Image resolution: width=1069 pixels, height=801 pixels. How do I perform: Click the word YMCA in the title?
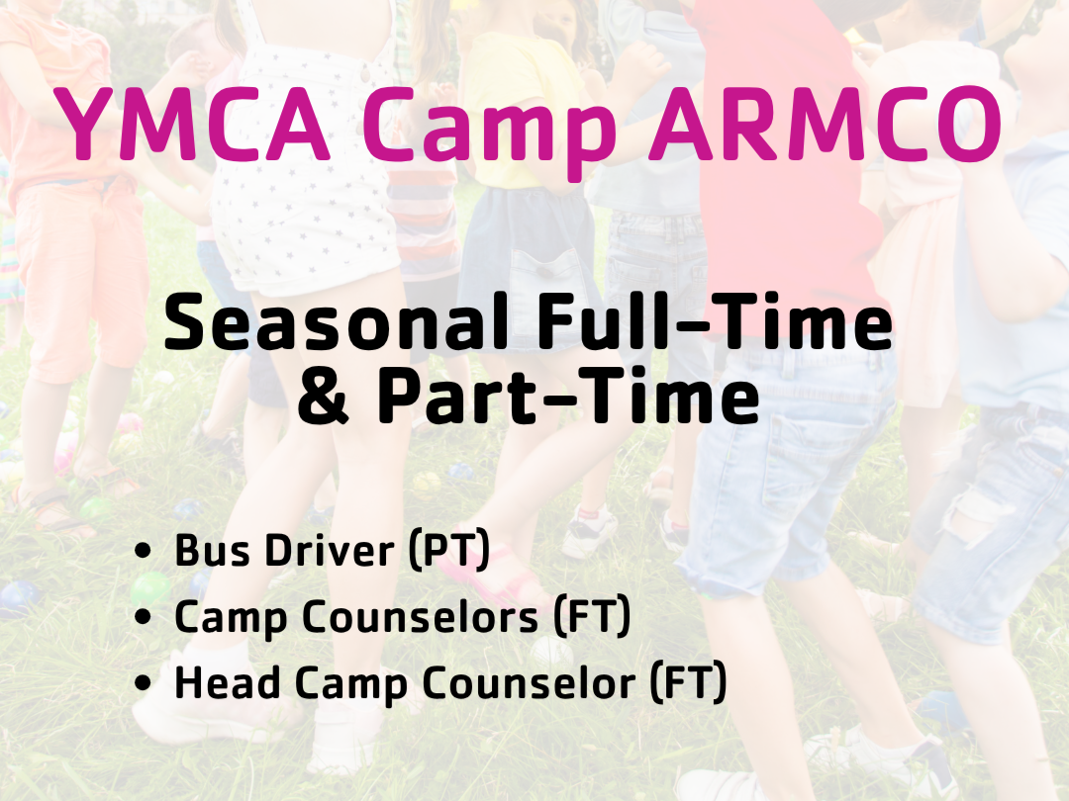tap(194, 125)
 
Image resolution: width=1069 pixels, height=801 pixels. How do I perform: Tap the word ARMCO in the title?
tap(826, 125)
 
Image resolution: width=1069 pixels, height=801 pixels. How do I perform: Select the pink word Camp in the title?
tap(490, 133)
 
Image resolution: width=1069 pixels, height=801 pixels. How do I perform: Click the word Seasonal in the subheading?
tap(337, 320)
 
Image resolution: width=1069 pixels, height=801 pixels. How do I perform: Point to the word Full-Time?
tap(715, 320)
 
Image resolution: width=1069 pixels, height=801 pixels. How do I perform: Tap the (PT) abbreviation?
tap(449, 551)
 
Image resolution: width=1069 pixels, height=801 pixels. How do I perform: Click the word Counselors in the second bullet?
tap(420, 617)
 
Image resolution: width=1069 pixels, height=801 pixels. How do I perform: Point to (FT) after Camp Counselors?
tap(591, 617)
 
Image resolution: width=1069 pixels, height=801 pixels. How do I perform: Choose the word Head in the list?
tap(227, 682)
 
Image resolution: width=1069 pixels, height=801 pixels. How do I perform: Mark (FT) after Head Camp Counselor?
tap(688, 682)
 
